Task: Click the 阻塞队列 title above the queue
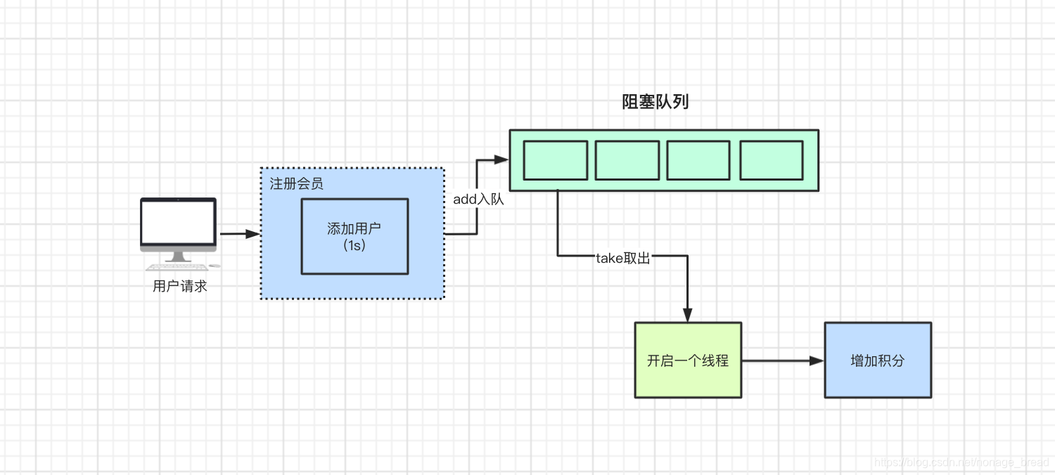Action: point(656,103)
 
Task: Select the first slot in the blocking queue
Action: point(556,160)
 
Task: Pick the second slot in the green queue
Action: point(627,160)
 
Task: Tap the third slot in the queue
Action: point(698,160)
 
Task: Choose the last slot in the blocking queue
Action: point(772,160)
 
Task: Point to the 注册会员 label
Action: point(297,184)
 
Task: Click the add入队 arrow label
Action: point(478,200)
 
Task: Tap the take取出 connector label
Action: point(623,258)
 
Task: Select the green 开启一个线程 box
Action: point(688,360)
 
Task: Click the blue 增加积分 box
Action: point(878,360)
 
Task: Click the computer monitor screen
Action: point(178,221)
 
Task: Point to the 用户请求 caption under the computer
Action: point(180,287)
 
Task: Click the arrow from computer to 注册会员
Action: point(240,234)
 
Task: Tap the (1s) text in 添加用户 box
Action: point(354,245)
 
